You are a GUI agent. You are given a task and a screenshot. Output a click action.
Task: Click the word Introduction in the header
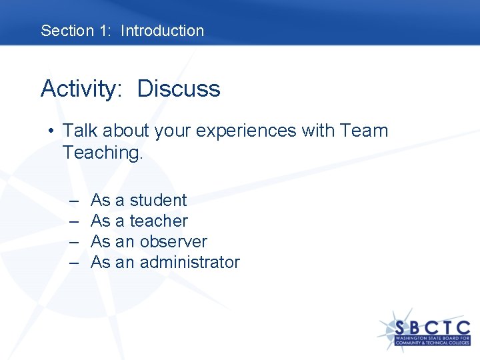coord(162,31)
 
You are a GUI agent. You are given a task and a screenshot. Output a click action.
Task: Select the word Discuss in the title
coord(179,89)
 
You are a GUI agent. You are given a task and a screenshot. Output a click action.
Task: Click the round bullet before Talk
coord(51,131)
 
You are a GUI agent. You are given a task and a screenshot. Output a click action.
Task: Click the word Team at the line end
coord(363,131)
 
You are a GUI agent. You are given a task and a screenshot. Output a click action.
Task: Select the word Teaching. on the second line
coord(103,153)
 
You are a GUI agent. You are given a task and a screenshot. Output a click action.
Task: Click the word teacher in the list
coord(159,221)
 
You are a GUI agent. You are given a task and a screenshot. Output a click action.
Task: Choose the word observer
coord(173,241)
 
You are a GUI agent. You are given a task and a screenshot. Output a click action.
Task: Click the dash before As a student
coord(73,201)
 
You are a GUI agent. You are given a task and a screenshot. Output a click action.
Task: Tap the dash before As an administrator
coord(73,263)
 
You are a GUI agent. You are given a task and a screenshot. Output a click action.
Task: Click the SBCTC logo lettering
coord(432,328)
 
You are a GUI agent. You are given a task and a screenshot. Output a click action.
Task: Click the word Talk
coord(81,131)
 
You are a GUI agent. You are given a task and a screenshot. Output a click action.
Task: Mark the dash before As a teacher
coord(73,221)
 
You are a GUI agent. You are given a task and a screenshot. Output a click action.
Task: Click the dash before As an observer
coord(73,242)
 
